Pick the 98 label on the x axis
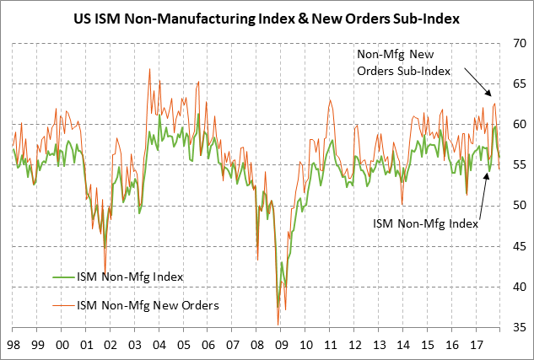click(x=13, y=344)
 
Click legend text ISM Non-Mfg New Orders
click(x=148, y=304)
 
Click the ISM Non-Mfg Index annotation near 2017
click(x=424, y=224)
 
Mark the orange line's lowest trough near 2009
click(x=278, y=324)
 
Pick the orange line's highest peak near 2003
click(x=149, y=70)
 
